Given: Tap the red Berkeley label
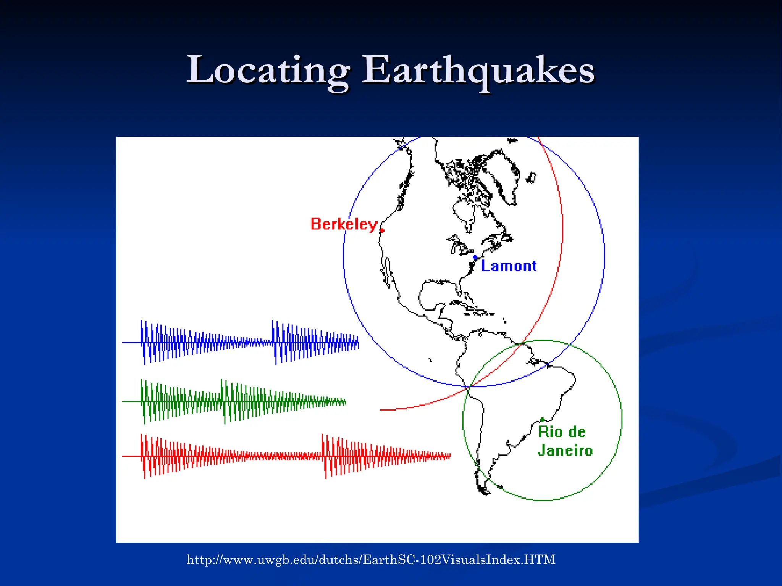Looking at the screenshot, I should point(344,224).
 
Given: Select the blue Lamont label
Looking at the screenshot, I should point(509,266).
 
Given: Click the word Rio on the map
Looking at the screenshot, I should point(550,432).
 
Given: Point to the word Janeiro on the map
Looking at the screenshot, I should point(565,451).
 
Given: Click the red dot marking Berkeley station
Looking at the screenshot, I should point(382,230).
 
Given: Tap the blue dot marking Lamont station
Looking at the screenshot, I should point(475,258).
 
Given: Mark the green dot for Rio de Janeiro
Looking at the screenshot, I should point(542,420).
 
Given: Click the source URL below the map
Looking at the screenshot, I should point(371,560).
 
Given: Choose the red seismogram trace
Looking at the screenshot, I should point(286,456).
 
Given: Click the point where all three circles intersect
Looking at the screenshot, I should point(469,386).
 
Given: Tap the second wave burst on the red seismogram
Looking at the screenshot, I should point(344,456).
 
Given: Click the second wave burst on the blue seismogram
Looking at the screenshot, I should point(290,343).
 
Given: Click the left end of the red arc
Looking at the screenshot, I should point(381,410).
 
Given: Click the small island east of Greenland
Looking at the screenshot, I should point(531,178).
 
